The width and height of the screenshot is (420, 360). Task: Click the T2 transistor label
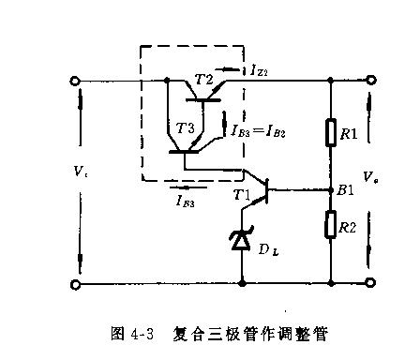point(203,79)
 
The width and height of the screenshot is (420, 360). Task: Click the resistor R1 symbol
point(332,134)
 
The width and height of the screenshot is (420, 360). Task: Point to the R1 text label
point(349,135)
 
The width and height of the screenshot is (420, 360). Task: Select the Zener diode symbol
point(242,241)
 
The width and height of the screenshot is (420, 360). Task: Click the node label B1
point(346,190)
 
